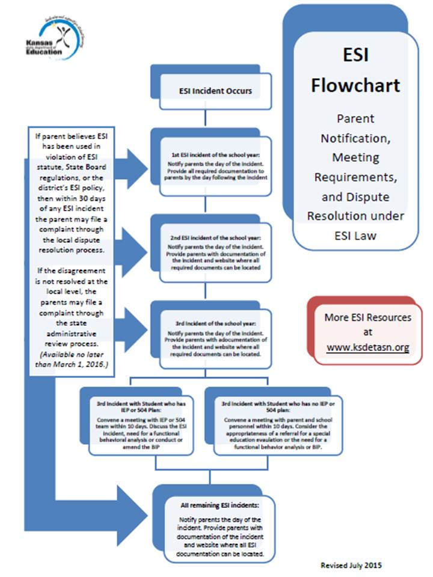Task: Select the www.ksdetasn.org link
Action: (x=367, y=347)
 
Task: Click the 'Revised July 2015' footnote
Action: (x=350, y=565)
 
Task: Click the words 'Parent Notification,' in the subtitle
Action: (x=355, y=128)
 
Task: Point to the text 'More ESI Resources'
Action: (x=367, y=317)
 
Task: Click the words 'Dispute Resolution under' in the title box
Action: (x=355, y=206)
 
